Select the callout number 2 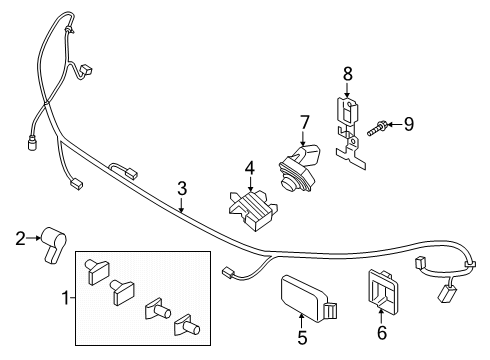point(19,237)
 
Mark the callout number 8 point(347,72)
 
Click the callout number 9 point(407,124)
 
